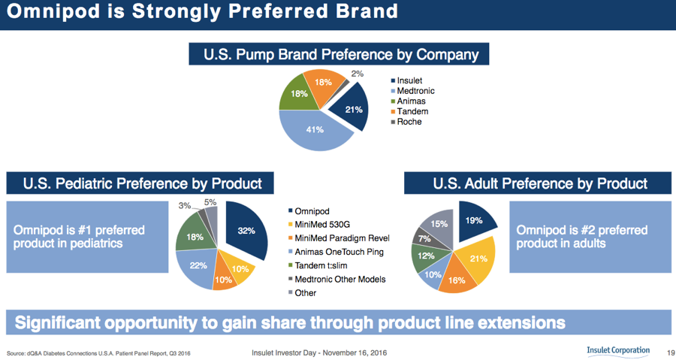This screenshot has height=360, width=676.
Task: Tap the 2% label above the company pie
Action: (x=358, y=74)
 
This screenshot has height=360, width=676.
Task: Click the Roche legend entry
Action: (x=406, y=122)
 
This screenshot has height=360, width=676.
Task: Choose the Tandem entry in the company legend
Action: (x=409, y=112)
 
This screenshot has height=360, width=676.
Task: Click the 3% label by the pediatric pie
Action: (x=185, y=206)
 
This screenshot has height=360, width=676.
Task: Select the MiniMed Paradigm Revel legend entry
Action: (x=339, y=238)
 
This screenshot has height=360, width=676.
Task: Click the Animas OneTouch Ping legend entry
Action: (x=336, y=253)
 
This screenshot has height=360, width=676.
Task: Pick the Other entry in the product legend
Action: (x=302, y=293)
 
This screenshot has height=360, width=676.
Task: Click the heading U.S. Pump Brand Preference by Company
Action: (x=339, y=54)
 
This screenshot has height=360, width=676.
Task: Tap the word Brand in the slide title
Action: (x=367, y=11)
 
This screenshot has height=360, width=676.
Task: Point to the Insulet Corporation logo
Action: (x=618, y=351)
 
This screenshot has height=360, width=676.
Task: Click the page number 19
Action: (x=671, y=353)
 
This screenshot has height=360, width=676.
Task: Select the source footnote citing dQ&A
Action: (x=98, y=353)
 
